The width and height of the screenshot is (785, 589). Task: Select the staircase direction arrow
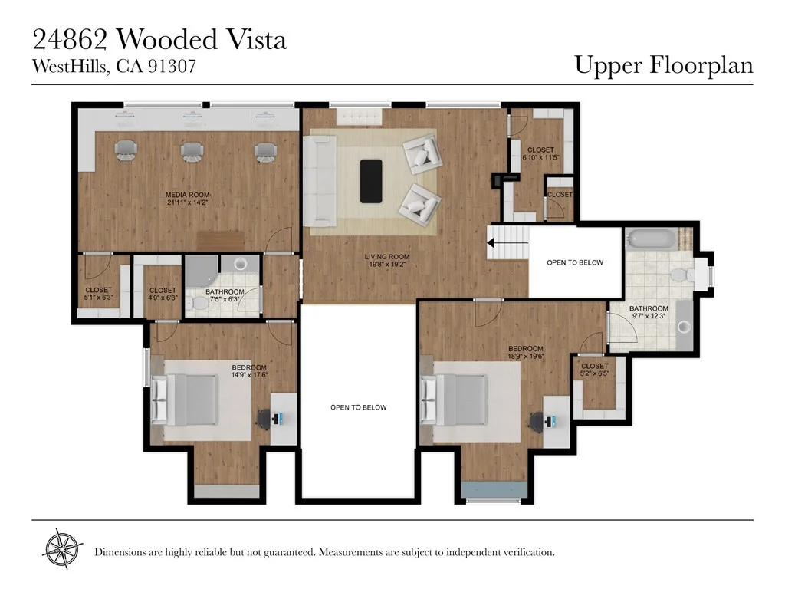pyautogui.click(x=507, y=243)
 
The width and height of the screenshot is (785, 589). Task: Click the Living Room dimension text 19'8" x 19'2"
pyautogui.click(x=387, y=265)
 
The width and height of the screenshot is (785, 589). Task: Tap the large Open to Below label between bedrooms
pyautogui.click(x=359, y=408)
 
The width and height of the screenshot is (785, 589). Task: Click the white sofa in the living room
pyautogui.click(x=320, y=180)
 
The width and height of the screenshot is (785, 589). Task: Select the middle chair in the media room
pyautogui.click(x=192, y=151)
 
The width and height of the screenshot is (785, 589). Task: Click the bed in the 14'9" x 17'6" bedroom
pyautogui.click(x=186, y=400)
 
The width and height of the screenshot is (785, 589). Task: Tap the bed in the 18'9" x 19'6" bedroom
pyautogui.click(x=454, y=400)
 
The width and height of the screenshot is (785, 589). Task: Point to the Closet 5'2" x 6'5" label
pyautogui.click(x=594, y=370)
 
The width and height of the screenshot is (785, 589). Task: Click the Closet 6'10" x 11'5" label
pyautogui.click(x=540, y=153)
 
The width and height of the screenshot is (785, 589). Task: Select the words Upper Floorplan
pyautogui.click(x=664, y=66)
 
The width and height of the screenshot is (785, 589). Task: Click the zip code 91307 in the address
pyautogui.click(x=171, y=66)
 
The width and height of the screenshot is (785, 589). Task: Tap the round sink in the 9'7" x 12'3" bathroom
pyautogui.click(x=684, y=327)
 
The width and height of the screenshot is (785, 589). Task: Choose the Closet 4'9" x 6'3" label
pyautogui.click(x=163, y=294)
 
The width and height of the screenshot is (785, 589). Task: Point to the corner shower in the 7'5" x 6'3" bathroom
pyautogui.click(x=202, y=271)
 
